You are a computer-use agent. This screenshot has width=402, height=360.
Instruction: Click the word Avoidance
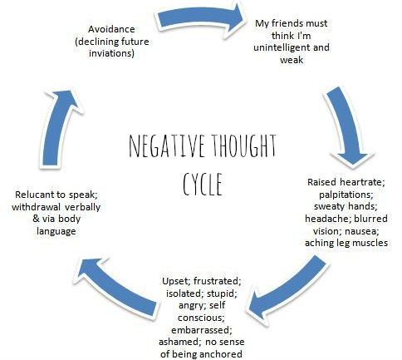point(111,29)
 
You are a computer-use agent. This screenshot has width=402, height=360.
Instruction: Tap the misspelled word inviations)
point(111,53)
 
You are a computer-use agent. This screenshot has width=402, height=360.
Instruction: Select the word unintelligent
point(282,47)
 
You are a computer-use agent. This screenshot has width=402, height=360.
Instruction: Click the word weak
point(292,60)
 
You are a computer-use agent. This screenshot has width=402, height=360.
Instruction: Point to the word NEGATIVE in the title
point(167,145)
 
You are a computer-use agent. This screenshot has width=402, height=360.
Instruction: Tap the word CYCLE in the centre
point(203,184)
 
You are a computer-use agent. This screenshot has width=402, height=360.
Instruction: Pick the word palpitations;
point(346,195)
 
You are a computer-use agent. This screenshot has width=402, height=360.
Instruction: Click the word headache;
point(328,219)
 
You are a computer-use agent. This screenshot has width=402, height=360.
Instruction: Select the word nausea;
point(365,230)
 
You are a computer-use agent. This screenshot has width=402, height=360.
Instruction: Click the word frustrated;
point(218,281)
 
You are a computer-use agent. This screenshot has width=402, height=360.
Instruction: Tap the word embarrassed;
point(202,330)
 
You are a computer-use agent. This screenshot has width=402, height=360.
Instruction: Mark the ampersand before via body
point(37,219)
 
